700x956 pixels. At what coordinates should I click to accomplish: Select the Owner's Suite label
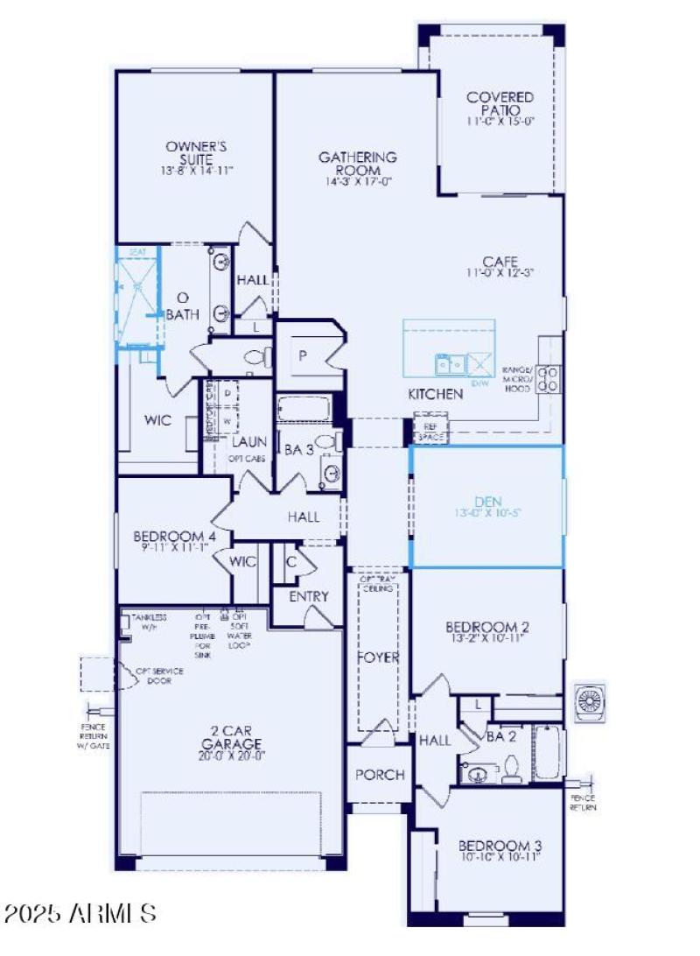pos(197,158)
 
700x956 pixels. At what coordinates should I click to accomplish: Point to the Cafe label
pos(500,266)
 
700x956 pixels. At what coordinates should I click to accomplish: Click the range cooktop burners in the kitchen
pos(549,376)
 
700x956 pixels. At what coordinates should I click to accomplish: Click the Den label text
pos(486,507)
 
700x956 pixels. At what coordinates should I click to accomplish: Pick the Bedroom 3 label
pos(500,850)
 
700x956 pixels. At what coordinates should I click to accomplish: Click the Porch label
pos(380,775)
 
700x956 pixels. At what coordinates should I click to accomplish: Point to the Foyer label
pos(379,657)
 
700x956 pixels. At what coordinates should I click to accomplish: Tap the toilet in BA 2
pos(512,769)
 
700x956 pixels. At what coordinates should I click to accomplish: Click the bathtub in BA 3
pos(304,409)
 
